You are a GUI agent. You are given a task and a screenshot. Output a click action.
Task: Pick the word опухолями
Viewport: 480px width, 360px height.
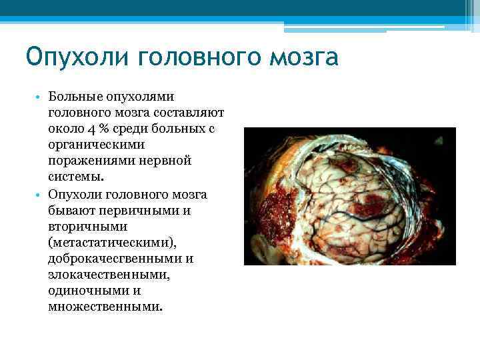(x=147, y=98)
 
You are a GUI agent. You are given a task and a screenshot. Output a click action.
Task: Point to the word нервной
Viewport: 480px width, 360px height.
(x=160, y=162)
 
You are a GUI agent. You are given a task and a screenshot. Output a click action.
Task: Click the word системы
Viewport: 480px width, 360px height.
(x=75, y=178)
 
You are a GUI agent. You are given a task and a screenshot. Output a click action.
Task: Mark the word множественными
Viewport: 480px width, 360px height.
(x=104, y=307)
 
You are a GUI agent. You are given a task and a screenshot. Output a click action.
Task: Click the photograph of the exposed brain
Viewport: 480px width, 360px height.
(x=349, y=196)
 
